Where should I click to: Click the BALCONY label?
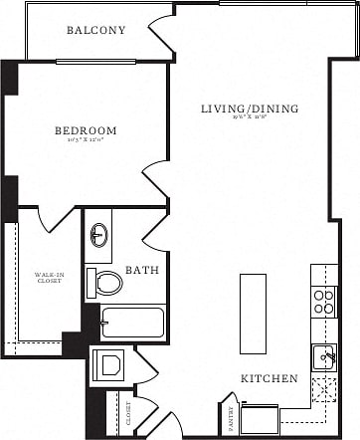click(95, 30)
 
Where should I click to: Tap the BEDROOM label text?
click(85, 130)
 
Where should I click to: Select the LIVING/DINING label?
click(249, 109)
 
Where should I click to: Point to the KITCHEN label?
click(269, 379)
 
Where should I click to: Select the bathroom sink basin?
click(99, 235)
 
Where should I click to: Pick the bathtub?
click(132, 323)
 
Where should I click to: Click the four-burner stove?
click(324, 302)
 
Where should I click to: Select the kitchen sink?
click(324, 355)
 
